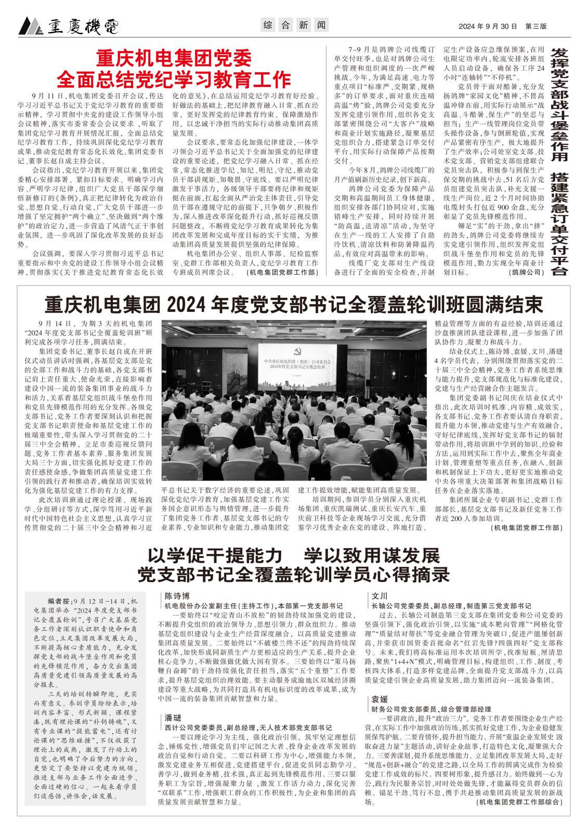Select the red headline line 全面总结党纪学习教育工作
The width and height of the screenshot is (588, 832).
coord(174,79)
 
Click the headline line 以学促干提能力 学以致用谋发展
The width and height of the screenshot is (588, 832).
coord(294,555)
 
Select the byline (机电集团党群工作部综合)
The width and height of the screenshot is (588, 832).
coord(519,802)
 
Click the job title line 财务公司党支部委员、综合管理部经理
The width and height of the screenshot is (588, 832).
coord(431,709)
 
